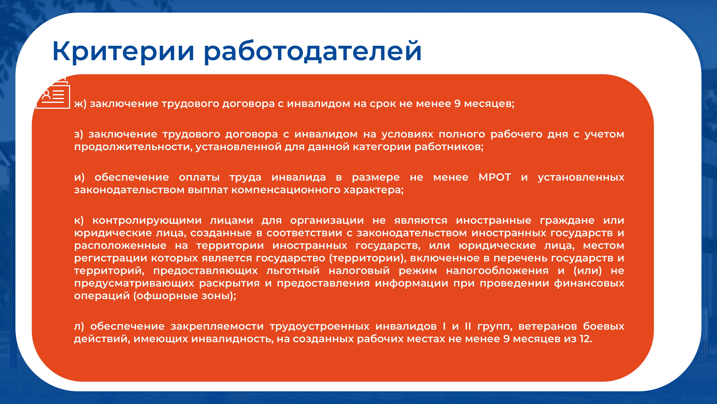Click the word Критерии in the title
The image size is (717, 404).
123,52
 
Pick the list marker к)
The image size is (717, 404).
79,220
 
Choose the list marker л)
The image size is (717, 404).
79,326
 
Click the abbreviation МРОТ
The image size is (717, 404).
495,177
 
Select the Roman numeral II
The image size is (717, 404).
468,326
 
